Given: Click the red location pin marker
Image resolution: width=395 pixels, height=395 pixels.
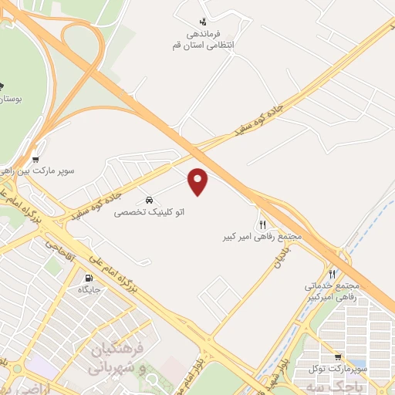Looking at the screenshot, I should (199, 180).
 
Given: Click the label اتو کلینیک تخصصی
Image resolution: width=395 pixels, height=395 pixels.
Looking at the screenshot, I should (150, 211).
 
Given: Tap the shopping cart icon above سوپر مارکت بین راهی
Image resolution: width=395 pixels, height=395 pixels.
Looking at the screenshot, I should (35, 160).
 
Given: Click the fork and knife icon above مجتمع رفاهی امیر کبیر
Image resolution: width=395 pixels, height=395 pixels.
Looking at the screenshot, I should (262, 224).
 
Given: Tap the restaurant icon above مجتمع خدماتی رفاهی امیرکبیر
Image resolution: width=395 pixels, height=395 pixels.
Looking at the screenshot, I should (332, 274).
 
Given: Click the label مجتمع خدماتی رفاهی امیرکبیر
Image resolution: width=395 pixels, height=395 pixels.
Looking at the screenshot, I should (333, 292).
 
